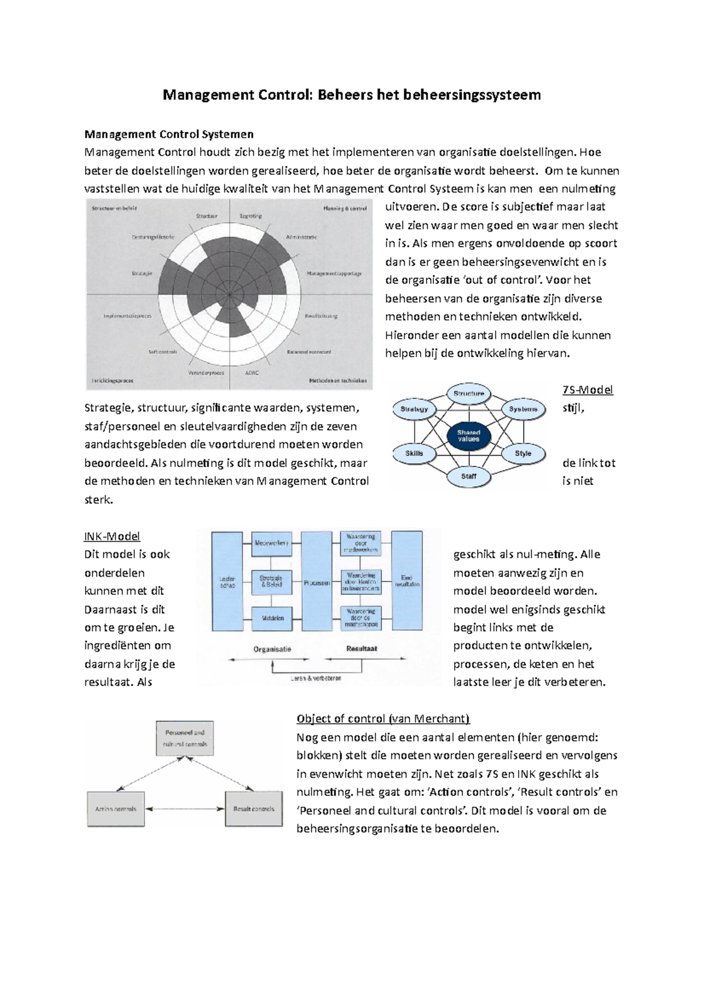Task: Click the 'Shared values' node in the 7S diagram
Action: [468, 436]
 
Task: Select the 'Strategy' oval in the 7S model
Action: [414, 409]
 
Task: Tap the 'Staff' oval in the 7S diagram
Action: [469, 476]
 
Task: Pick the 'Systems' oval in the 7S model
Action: [523, 409]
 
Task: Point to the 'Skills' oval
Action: [414, 453]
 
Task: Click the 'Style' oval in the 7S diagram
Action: [523, 453]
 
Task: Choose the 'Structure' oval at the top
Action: [469, 394]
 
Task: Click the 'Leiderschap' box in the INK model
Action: [227, 581]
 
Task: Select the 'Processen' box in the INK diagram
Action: [316, 581]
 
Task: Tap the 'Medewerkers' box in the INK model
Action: [272, 543]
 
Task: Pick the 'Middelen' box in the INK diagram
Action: [272, 618]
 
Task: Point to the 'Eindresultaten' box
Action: [407, 581]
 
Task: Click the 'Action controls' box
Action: [116, 809]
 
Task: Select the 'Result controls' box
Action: [253, 809]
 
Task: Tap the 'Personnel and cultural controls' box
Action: [185, 738]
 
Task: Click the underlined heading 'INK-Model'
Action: [112, 536]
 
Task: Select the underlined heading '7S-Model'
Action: [587, 390]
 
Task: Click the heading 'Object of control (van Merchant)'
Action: [383, 719]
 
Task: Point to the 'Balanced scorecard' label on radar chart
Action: [309, 352]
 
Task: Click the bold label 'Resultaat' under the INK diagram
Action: [361, 649]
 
